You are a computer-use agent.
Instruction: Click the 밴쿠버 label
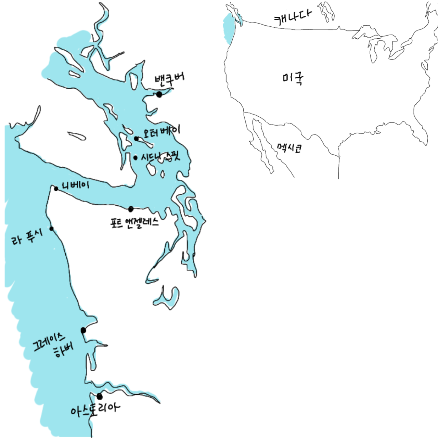point(169,79)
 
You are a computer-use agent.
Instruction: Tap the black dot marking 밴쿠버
point(159,94)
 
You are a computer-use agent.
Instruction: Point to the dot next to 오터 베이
point(136,139)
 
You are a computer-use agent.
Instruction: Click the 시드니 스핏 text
point(160,157)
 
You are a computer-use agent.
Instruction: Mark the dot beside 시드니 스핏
point(136,158)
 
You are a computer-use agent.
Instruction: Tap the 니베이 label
point(75,185)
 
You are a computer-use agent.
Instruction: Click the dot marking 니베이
point(56,189)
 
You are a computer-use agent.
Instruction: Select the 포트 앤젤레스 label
point(134,223)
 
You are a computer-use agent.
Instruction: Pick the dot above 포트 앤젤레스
point(131,209)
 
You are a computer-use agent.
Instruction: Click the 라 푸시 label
point(27,237)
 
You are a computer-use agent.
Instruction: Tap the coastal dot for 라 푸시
point(51,229)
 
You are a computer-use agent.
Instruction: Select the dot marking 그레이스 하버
point(83,330)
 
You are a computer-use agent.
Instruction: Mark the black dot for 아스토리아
point(100,397)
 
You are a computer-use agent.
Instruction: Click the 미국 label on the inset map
point(293,79)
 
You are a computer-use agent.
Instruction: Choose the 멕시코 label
point(289,148)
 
